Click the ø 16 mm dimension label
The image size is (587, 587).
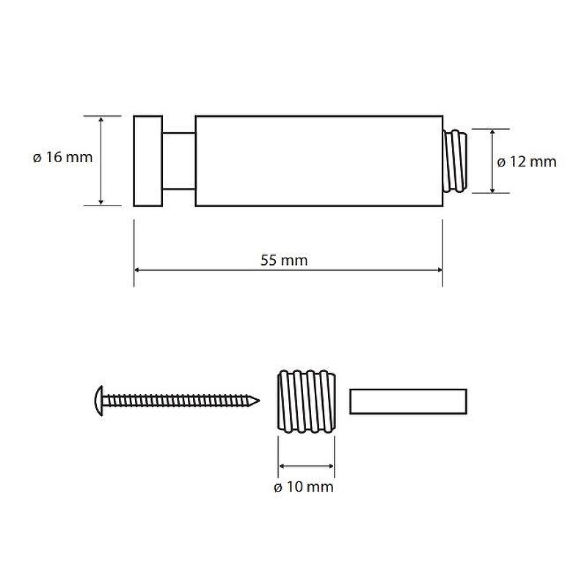click(62, 157)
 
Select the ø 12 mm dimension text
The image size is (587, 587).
click(527, 161)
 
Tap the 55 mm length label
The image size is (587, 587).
click(284, 260)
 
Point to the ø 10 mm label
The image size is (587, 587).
click(304, 486)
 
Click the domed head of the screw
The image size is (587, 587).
click(99, 401)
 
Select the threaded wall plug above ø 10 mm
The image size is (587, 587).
click(306, 401)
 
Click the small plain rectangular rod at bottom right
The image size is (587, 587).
click(408, 401)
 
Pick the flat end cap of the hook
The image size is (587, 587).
click(148, 161)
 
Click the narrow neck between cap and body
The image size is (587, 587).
click(179, 161)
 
